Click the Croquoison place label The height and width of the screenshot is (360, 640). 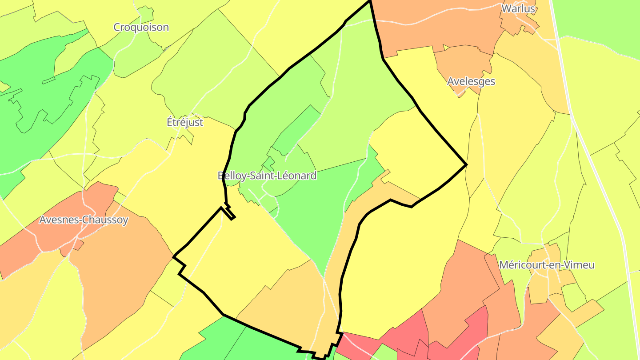pos(141,27)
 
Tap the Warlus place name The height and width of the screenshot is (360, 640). pos(518,8)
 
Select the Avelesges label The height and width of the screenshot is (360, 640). pos(471,81)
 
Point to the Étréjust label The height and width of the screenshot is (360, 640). pos(185,122)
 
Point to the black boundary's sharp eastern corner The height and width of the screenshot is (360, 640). pos(466,165)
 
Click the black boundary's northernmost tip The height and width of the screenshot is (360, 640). pos(370,1)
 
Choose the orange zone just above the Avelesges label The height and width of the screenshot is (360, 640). pos(462,62)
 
